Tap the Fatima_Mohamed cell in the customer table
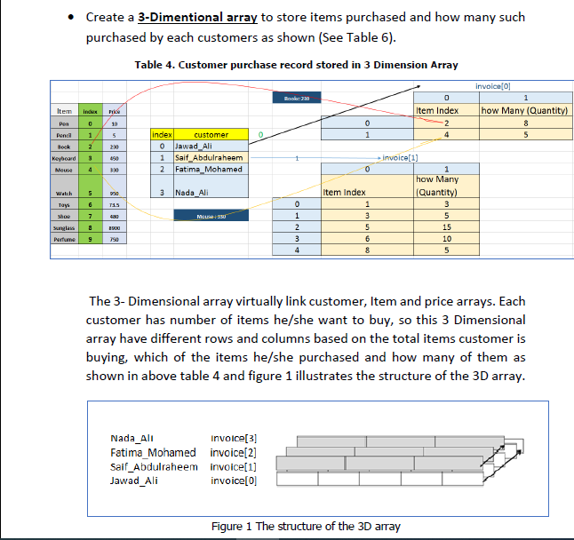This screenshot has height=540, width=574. point(209,169)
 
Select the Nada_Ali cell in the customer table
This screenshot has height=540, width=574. point(196,192)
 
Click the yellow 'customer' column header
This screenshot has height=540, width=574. point(211,134)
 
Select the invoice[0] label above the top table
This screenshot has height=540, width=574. point(495,85)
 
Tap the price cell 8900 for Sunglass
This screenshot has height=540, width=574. point(115,227)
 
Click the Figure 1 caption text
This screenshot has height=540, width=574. point(305,526)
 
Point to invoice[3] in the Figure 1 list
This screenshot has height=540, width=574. point(233,438)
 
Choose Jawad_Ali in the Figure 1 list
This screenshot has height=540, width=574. point(134,480)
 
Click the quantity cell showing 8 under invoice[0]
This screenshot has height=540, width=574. point(526,123)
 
